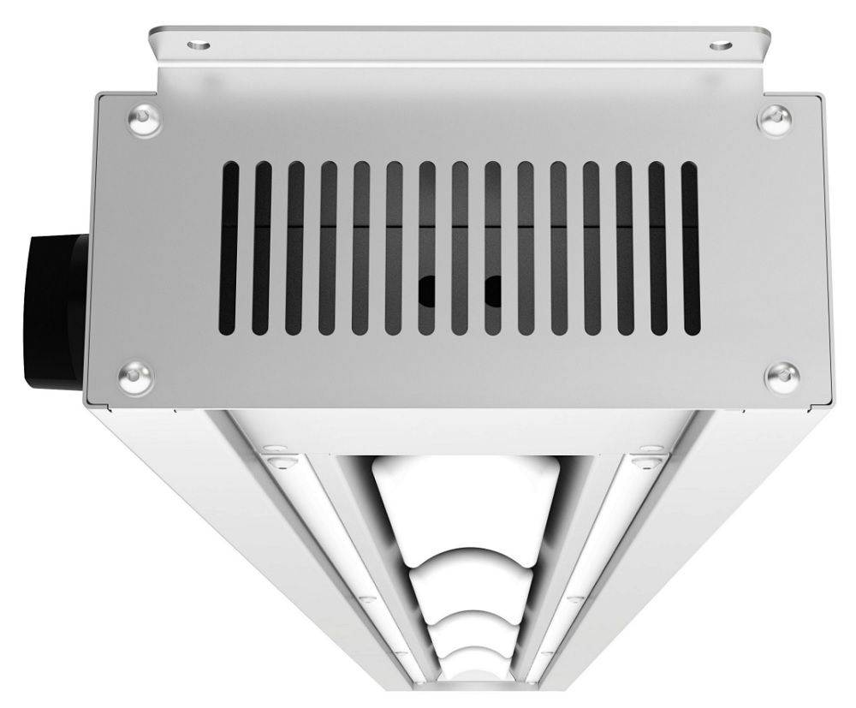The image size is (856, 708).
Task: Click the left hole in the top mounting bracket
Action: click(199, 39)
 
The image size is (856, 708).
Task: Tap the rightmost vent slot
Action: click(689, 248)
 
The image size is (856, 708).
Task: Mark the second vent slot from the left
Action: click(263, 248)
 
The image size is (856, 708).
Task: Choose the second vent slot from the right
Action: click(657, 248)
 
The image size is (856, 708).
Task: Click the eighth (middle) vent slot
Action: click(460, 248)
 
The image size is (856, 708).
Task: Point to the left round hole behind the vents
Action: click(427, 292)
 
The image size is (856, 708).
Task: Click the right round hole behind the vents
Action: click(493, 292)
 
